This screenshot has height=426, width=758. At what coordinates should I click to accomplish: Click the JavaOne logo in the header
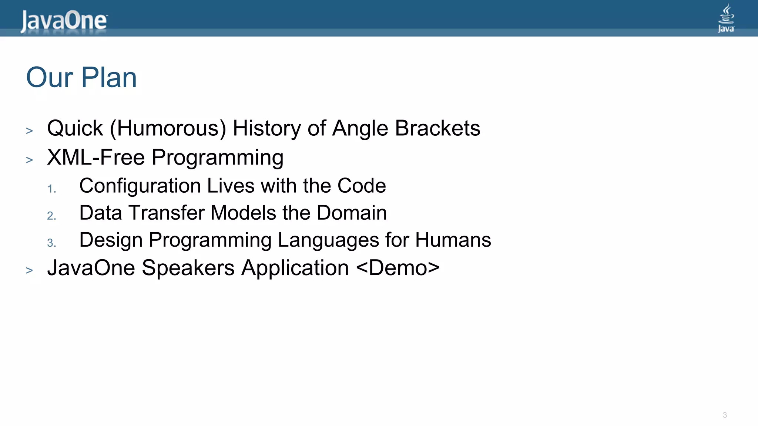click(64, 21)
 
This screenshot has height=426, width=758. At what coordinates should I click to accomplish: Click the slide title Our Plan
click(81, 78)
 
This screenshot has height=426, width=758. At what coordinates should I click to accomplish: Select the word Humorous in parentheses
click(168, 129)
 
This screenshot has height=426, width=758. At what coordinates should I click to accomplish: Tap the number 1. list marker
click(51, 189)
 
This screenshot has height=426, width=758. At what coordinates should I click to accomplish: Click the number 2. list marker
click(51, 216)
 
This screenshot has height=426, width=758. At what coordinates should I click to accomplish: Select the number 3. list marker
click(51, 243)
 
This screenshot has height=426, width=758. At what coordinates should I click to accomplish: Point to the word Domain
click(352, 213)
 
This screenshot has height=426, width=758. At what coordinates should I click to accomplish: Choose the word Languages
click(328, 240)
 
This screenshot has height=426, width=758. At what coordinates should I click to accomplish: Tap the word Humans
click(453, 240)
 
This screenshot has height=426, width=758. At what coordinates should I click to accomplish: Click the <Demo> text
click(398, 268)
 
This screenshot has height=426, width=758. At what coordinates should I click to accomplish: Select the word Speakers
click(188, 268)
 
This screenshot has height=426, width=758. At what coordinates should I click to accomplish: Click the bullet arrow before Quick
click(30, 131)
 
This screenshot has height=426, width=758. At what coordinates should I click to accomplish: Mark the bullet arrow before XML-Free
click(30, 160)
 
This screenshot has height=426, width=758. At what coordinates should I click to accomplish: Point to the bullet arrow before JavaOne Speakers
click(30, 270)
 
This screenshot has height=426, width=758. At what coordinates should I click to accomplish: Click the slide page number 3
click(725, 415)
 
